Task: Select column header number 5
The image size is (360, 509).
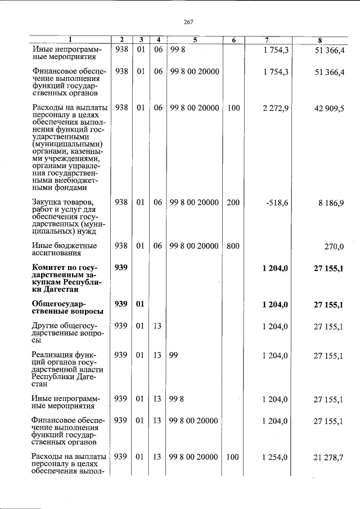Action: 195,40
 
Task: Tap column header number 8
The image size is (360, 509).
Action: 319,40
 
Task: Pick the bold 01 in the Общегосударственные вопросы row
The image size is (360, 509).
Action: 141,304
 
